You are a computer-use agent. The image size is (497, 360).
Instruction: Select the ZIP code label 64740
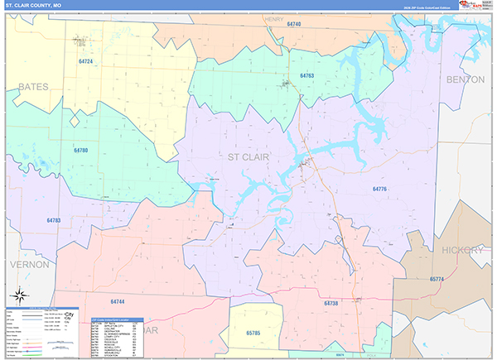point(294,25)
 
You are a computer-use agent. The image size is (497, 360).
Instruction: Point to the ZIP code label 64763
point(306,75)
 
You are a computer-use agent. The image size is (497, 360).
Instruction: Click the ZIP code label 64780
point(80,150)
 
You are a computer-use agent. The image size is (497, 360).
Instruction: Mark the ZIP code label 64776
point(380,190)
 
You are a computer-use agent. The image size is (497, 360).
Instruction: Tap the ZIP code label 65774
point(437,279)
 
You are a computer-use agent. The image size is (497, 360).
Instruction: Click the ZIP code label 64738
point(331,304)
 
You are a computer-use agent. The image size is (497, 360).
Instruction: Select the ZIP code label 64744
point(117,301)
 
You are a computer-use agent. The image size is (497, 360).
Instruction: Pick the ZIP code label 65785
point(254,332)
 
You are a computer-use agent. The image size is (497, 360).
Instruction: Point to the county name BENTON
point(465,79)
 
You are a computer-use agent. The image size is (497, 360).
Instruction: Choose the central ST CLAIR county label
point(250,155)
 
